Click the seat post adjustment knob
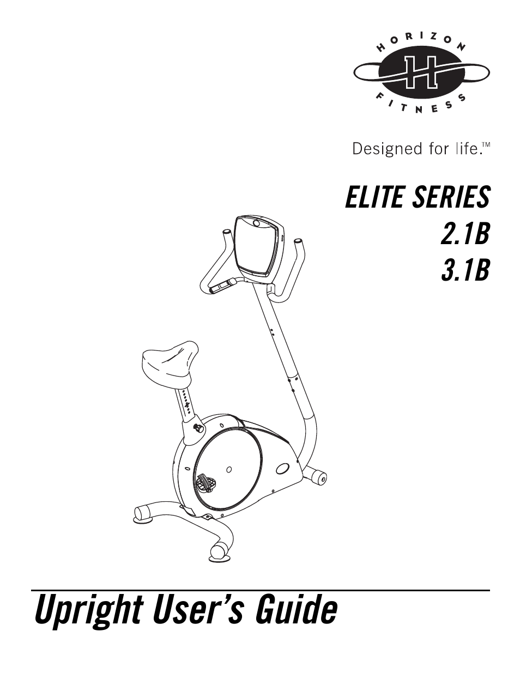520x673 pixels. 196,427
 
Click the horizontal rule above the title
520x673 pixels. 260,590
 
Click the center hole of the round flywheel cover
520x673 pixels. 229,469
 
